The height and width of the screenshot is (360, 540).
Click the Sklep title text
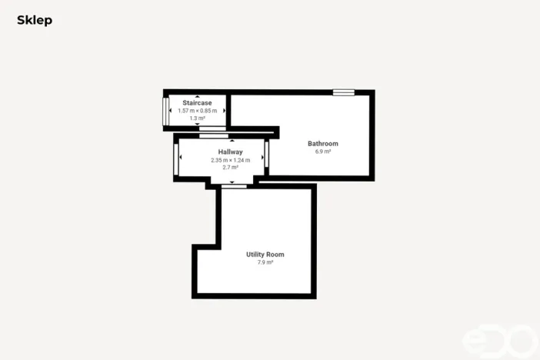coord(35,21)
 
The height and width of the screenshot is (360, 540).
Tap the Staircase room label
coord(197,102)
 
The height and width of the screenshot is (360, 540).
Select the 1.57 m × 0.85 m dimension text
coord(197,111)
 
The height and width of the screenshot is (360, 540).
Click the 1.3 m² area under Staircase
coord(197,118)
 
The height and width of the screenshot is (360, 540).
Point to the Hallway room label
coord(230,152)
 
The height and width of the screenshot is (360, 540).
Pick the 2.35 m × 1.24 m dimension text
coord(230,160)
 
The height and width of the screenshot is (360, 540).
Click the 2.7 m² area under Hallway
coord(230,168)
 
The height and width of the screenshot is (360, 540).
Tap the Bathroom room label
coord(322,144)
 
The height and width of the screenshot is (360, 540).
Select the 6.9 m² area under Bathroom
coord(322,152)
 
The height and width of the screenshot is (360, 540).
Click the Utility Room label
coord(265,255)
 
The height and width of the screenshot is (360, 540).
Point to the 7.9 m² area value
coord(265,262)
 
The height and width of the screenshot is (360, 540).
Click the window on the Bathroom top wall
coord(343,92)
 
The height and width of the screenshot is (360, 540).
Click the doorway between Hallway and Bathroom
coord(267,153)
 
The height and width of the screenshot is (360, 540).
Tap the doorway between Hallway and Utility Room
coord(234,185)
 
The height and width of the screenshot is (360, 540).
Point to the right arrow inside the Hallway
coord(262,158)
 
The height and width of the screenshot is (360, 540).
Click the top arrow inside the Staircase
coord(198,97)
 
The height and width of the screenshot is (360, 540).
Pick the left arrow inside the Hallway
coord(181,158)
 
